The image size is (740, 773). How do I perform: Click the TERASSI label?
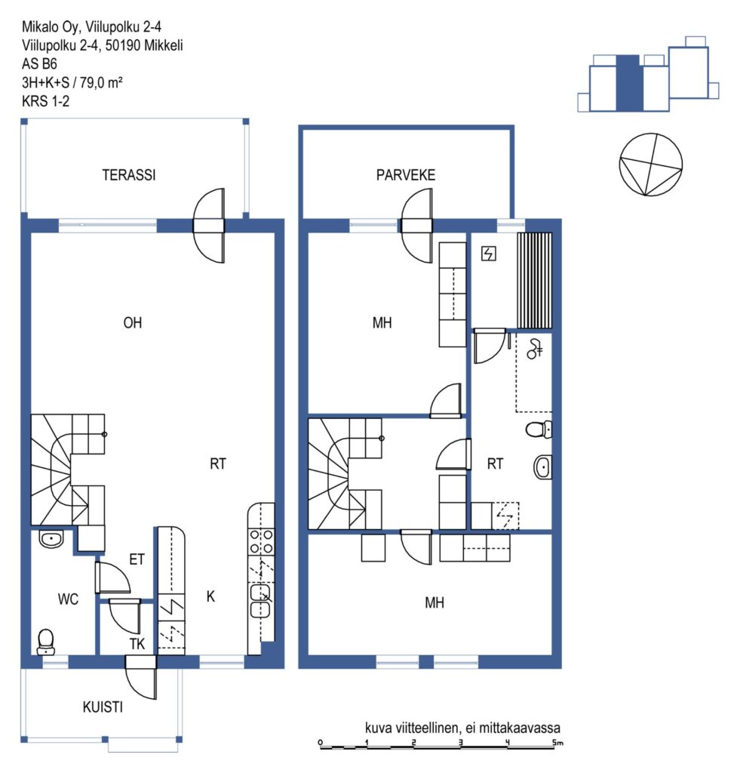point(128,175)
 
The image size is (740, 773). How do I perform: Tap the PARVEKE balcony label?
point(406,175)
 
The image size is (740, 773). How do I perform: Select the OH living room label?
point(133,323)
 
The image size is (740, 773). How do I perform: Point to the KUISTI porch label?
point(103,707)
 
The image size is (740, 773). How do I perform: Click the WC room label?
point(68,599)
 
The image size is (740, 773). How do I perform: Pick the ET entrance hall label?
point(137,559)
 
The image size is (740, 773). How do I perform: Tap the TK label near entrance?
point(137,644)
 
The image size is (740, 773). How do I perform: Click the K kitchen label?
point(210,596)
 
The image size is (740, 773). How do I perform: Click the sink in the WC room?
point(51,539)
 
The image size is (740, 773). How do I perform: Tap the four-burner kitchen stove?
point(262,541)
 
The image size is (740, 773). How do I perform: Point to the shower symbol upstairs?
point(535,349)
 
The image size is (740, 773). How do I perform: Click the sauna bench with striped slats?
point(535,281)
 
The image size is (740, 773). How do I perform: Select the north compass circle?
point(651,164)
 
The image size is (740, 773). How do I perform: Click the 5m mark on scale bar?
point(557,743)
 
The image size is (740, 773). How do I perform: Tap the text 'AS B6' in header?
point(39,63)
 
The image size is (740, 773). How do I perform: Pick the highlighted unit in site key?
point(630,83)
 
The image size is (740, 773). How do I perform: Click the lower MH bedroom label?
point(434,602)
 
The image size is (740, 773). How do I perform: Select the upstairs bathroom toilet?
point(539,429)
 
